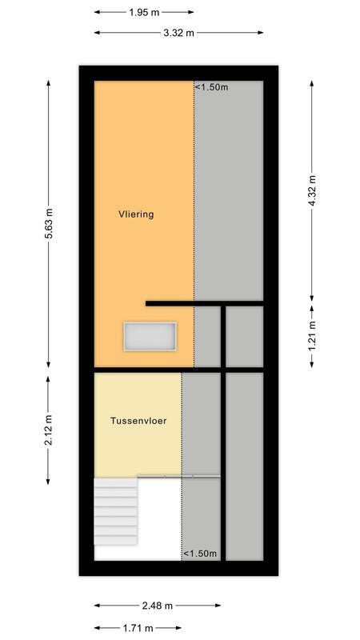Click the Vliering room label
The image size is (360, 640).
coord(135,214)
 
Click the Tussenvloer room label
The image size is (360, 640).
coord(138,419)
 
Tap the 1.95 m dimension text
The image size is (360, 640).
coord(144,13)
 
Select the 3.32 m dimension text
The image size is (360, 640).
coord(179,33)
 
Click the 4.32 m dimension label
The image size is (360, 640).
coord(313,190)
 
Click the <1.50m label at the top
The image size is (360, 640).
coord(212,87)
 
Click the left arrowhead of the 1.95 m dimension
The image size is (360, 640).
coord(97,13)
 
